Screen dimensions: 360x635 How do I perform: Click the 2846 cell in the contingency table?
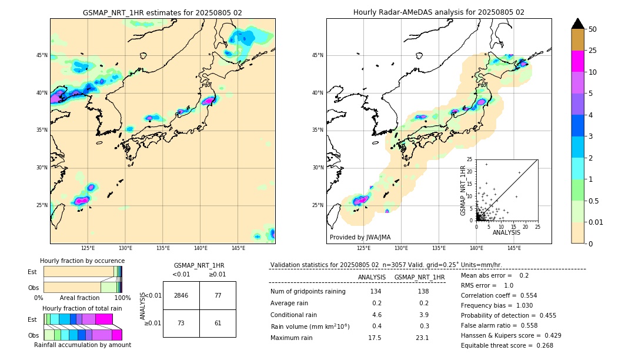[181, 295]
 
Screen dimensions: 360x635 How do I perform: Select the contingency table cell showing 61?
[218, 323]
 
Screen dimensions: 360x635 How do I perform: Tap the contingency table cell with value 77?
[218, 295]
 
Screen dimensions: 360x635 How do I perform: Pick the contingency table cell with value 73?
[181, 323]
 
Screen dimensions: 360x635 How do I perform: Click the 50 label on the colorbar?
[593, 29]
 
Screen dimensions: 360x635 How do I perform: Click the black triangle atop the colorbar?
[578, 24]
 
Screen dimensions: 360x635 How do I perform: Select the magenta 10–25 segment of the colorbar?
[578, 61]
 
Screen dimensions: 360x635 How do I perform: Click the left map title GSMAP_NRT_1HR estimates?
[162, 12]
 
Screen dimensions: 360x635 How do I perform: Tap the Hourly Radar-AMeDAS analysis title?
[439, 12]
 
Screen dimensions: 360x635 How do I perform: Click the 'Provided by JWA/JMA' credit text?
[360, 238]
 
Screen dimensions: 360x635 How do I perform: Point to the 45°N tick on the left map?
[42, 55]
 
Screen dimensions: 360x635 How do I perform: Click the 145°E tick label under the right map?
[514, 248]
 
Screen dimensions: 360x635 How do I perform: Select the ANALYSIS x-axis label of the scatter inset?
[506, 232]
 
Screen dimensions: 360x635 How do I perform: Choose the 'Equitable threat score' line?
[507, 345]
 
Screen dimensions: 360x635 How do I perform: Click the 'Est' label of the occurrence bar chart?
[32, 272]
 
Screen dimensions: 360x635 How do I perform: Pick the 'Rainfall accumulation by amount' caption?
[82, 345]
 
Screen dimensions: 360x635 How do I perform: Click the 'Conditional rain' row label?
[295, 315]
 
